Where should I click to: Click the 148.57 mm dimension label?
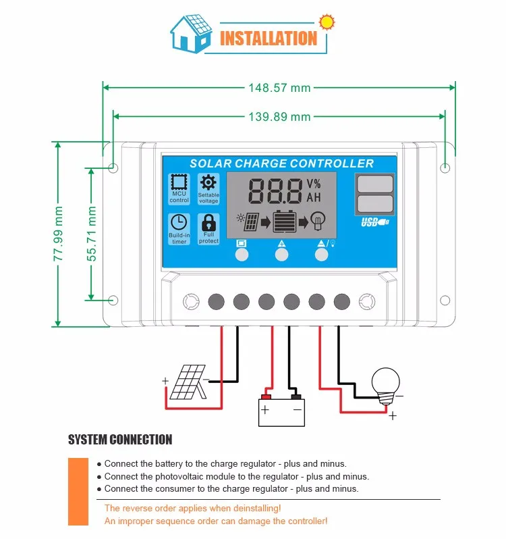279,87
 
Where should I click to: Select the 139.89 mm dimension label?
279,117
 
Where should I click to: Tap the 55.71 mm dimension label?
92,234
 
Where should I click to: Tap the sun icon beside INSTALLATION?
327,21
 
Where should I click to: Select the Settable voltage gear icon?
208,182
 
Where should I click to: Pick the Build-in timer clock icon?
179,222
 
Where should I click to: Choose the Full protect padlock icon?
208,222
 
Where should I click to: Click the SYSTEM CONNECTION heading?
120,440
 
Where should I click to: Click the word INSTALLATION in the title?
269,38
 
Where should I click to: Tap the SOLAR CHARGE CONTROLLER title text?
281,163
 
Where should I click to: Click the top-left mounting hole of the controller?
113,167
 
